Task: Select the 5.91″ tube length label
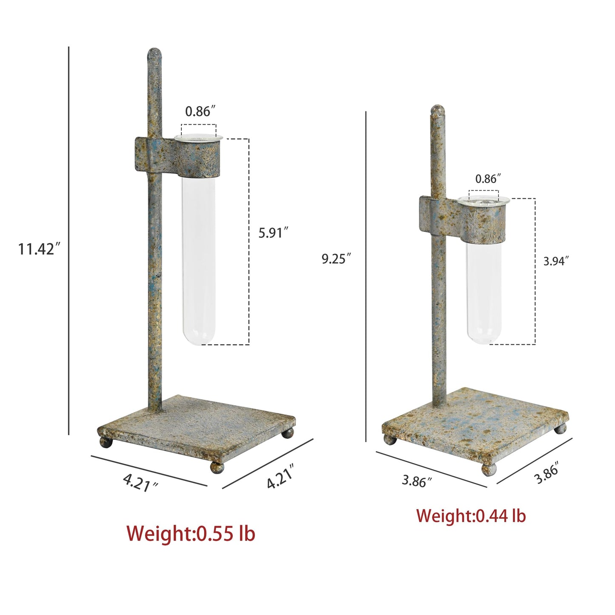(274, 233)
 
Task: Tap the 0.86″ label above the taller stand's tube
(200, 112)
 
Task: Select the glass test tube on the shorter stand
(483, 271)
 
